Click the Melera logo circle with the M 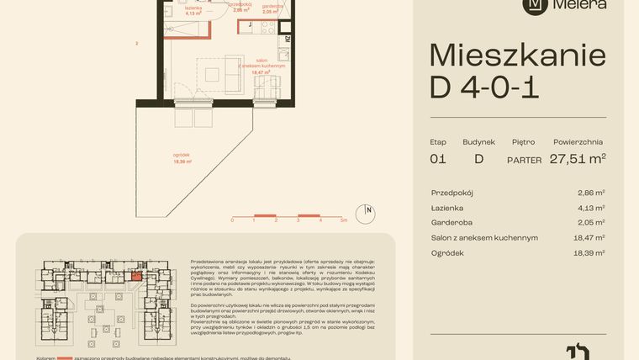pyautogui.click(x=534, y=4)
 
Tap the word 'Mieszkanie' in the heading pyautogui.click(x=517, y=56)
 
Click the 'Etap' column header pyautogui.click(x=439, y=142)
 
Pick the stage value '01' pyautogui.click(x=438, y=158)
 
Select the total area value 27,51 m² pyautogui.click(x=578, y=158)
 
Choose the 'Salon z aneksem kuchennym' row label pyautogui.click(x=484, y=238)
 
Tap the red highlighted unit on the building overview pyautogui.click(x=137, y=275)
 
